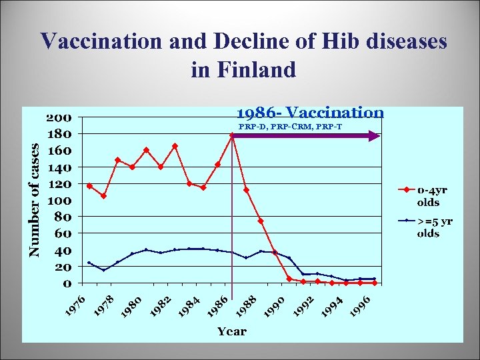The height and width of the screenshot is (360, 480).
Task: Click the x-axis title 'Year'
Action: [231, 331]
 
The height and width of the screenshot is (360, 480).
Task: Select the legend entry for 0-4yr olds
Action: [432, 195]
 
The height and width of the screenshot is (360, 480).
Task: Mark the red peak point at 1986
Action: [232, 135]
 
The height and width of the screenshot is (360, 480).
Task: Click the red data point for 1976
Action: [89, 186]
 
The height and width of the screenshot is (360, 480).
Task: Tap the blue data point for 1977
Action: [103, 270]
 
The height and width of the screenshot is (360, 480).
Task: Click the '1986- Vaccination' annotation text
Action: [310, 113]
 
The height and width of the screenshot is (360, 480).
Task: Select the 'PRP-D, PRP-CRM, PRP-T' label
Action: [291, 126]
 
